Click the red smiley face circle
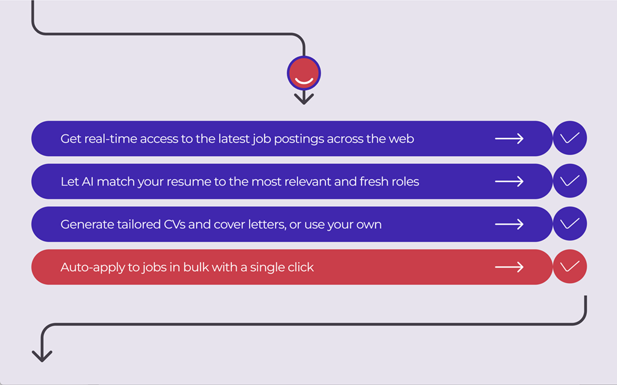point(304,74)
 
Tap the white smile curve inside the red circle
point(304,82)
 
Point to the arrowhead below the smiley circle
point(304,99)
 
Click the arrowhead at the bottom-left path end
point(42,356)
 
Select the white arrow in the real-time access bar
point(509,139)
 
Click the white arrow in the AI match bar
point(509,181)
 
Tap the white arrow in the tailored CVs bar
point(509,224)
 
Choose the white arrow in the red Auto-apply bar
point(509,268)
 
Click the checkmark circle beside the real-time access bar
point(570,138)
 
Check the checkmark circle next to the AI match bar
point(570,181)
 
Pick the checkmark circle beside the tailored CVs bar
point(570,224)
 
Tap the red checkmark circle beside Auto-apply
point(570,266)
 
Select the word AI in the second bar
point(88,181)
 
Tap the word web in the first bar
point(401,139)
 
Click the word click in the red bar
point(301,268)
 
